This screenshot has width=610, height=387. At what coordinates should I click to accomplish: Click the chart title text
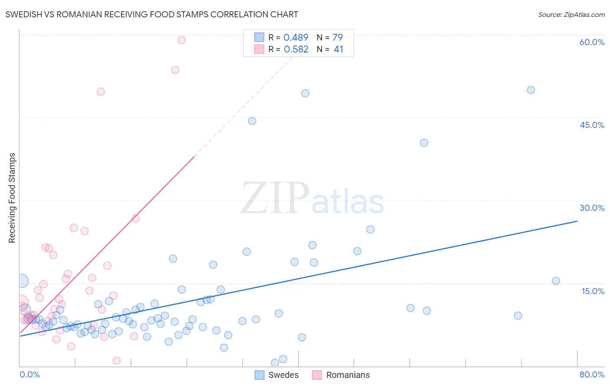point(151,14)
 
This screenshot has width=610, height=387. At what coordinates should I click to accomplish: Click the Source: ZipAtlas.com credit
point(571,14)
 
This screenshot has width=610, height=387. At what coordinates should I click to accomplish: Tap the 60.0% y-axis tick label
point(592,42)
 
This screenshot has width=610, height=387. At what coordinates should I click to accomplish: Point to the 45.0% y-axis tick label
point(592,125)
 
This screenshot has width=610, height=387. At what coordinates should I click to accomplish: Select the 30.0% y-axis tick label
point(592,208)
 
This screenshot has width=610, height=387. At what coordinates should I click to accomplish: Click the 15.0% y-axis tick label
point(593,291)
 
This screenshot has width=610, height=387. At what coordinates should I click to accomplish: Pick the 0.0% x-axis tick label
point(30,374)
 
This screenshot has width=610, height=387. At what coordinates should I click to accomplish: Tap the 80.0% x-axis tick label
point(592,374)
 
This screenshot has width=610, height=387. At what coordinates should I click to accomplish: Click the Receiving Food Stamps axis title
point(12,198)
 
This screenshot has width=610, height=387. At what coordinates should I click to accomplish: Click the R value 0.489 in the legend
point(296,37)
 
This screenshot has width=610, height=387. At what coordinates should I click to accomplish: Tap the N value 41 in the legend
point(338,49)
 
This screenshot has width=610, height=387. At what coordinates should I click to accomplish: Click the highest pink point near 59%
point(182,40)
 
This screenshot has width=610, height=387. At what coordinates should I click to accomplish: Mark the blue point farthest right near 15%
point(556,281)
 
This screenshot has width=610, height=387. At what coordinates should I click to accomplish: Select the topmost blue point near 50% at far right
point(531,90)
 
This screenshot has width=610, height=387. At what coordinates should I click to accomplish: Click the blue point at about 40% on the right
point(424,143)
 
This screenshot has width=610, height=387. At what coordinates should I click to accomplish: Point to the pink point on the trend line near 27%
point(135,218)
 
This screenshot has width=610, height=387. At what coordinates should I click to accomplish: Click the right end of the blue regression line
point(577,221)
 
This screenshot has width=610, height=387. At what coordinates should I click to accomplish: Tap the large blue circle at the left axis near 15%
point(22,281)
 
